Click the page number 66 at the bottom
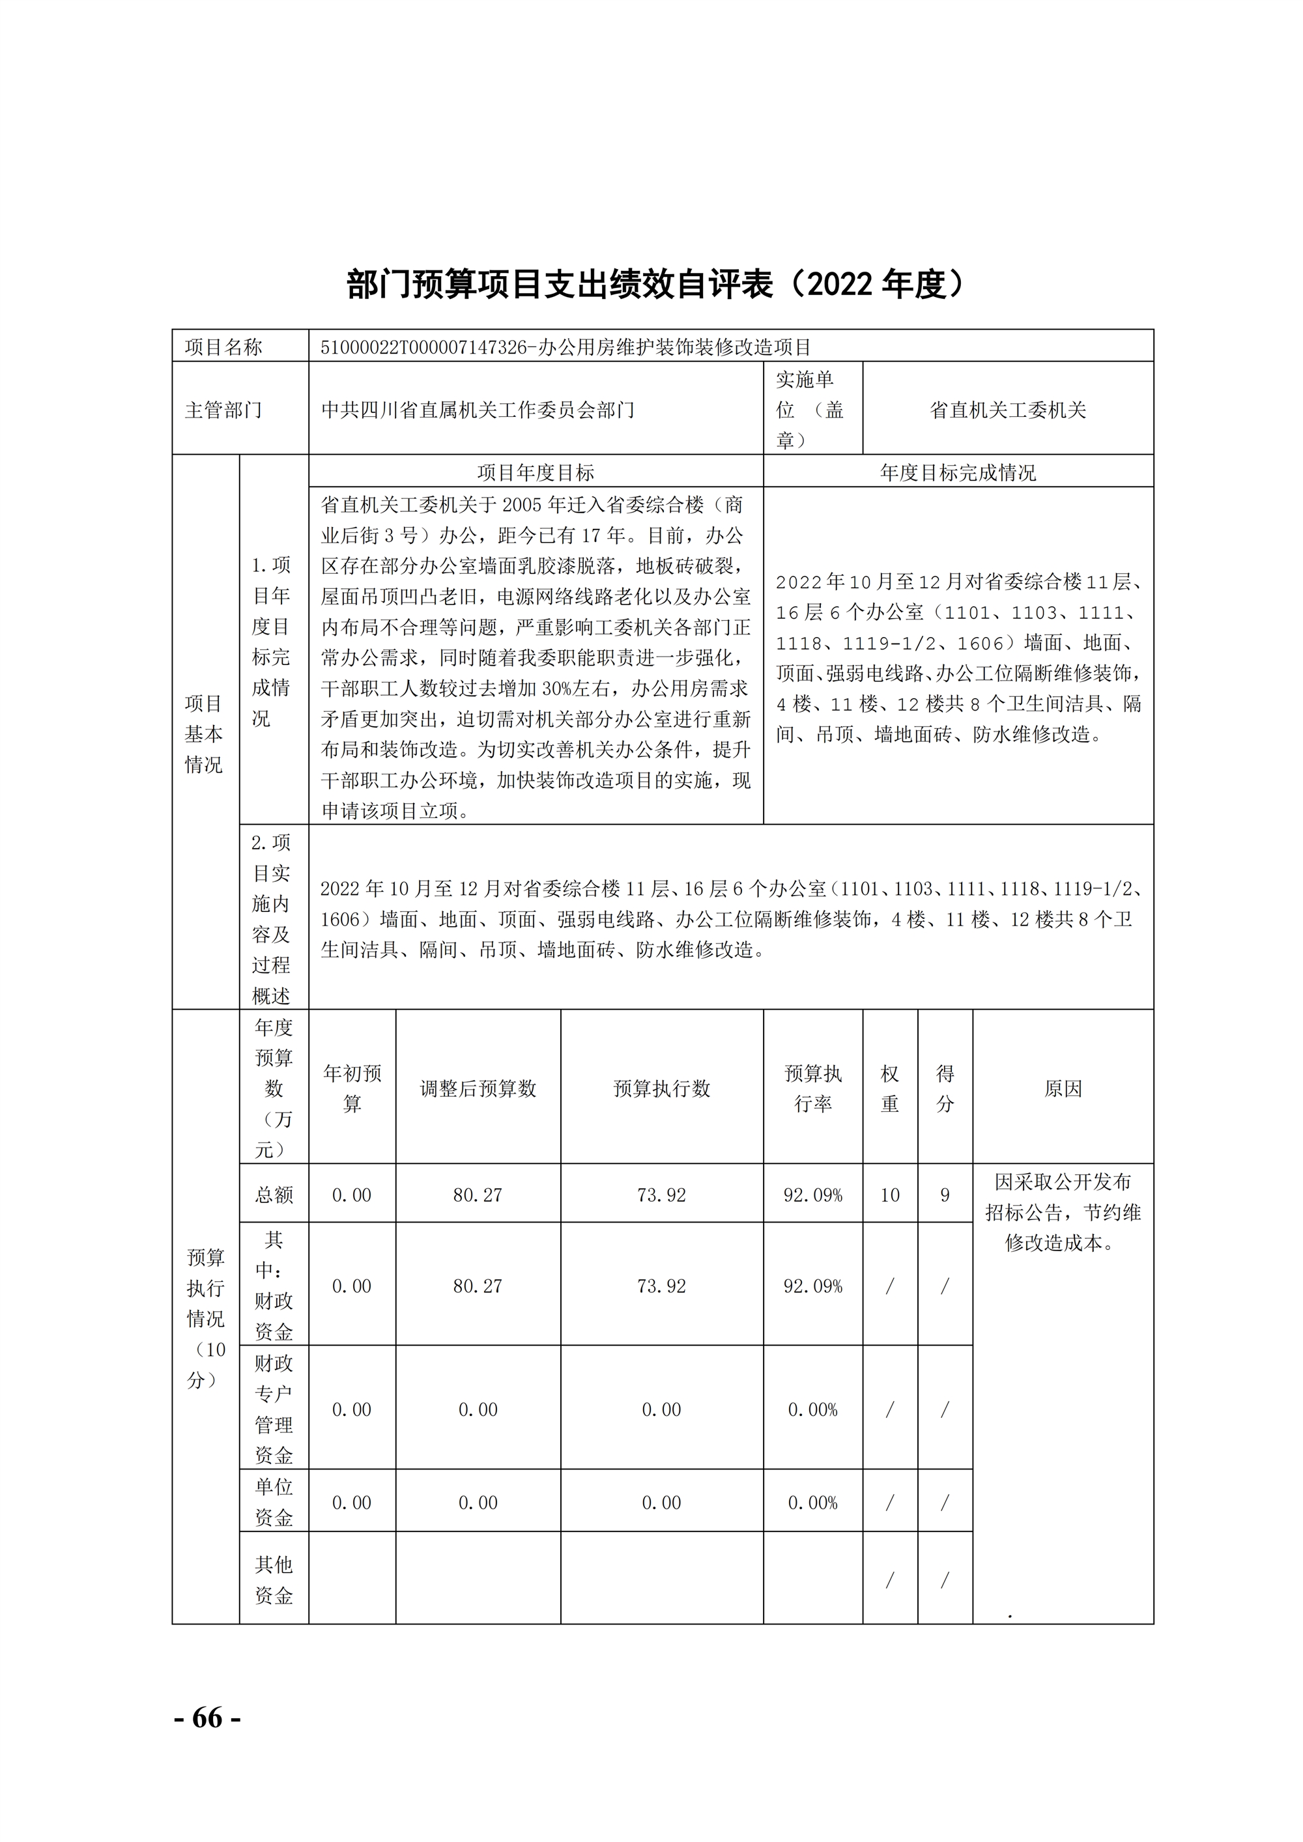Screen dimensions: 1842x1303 207,1718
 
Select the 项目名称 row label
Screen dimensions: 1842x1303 224,347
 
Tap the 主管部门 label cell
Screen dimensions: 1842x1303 224,410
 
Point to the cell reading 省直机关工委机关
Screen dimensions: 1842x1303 1008,410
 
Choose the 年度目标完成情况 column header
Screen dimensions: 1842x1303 958,472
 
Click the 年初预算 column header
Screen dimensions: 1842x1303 352,1088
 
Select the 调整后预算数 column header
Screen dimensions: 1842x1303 478,1088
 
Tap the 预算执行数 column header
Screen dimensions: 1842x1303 662,1088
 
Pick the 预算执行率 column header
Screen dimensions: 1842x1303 813,1088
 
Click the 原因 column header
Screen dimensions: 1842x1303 1063,1088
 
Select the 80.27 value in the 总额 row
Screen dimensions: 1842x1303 478,1195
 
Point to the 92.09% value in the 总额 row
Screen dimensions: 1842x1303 813,1195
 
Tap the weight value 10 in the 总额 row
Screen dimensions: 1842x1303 890,1195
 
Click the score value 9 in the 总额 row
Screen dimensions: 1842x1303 945,1195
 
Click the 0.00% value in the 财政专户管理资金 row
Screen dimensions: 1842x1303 813,1410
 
